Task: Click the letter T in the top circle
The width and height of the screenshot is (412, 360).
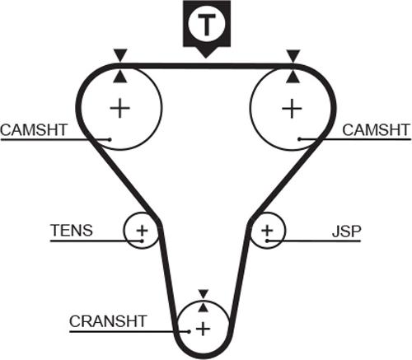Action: [207, 25]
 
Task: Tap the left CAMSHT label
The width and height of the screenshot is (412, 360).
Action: [34, 130]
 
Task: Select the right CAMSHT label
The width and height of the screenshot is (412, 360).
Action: [376, 129]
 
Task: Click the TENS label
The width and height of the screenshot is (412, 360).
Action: [72, 231]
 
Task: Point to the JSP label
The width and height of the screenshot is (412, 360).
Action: [346, 231]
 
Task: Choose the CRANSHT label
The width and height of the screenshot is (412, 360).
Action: [108, 321]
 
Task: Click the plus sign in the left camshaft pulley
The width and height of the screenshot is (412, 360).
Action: [120, 108]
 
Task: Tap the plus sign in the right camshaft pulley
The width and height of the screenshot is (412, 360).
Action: [292, 109]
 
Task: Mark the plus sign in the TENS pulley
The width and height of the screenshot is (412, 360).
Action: [142, 231]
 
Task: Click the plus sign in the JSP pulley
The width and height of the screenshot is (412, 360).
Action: [267, 231]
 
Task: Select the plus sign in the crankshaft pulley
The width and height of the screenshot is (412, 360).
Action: [203, 329]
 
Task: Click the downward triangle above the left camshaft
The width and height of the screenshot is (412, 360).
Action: [120, 55]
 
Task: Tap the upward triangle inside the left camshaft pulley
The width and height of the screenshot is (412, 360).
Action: [120, 77]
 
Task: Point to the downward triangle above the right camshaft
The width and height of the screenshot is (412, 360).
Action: [293, 55]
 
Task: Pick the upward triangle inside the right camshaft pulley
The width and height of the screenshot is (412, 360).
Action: [293, 77]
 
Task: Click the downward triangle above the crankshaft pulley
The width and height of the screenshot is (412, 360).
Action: [204, 293]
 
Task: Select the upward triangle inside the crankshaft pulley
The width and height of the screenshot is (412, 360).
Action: [203, 307]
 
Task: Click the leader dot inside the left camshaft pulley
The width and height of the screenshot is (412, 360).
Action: [110, 139]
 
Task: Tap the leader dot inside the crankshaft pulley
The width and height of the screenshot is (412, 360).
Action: [189, 331]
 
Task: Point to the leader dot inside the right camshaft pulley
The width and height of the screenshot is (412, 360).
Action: [300, 139]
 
